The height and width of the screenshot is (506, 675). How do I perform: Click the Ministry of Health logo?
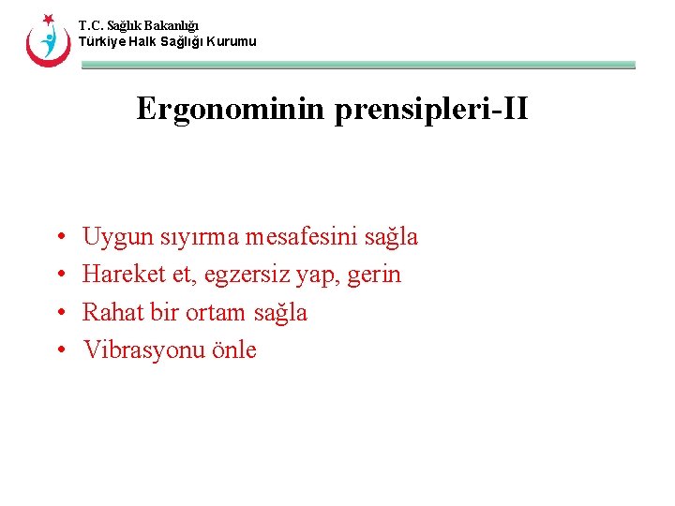coord(48,39)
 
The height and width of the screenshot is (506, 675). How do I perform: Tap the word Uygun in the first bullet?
coord(113,238)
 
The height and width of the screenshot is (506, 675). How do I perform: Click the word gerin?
coord(375,275)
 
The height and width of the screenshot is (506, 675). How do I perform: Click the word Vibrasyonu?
coord(141,350)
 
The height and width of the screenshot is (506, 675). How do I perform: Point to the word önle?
coord(230,350)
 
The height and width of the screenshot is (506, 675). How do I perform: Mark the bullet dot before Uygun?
coord(59,238)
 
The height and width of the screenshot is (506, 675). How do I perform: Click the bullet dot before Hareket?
coord(59,275)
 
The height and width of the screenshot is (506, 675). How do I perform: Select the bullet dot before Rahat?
coord(59,313)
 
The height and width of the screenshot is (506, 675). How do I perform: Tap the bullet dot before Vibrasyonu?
coord(59,350)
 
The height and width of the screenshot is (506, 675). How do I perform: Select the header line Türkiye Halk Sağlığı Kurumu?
coord(167,42)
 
